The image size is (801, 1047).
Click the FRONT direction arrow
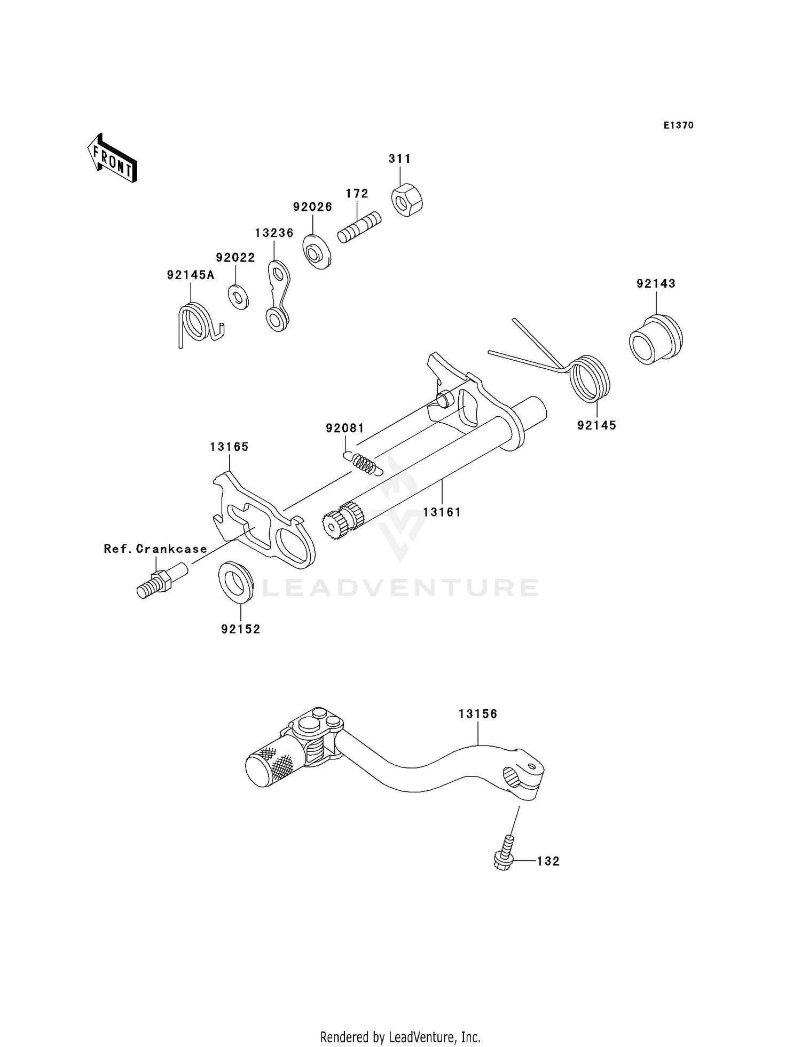(x=113, y=158)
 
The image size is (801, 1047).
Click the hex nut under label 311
(x=407, y=201)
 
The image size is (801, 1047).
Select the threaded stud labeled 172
(x=360, y=228)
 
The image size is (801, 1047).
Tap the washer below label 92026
(x=317, y=252)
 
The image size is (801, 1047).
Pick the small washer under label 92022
(x=239, y=297)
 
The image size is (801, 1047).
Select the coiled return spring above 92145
(x=590, y=378)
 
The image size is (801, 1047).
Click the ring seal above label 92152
(x=235, y=582)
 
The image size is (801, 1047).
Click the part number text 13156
(x=477, y=714)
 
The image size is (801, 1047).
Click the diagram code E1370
(x=678, y=125)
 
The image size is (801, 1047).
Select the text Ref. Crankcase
(x=155, y=549)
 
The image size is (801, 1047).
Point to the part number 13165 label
(x=229, y=447)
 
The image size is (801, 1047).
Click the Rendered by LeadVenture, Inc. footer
(x=400, y=1037)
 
